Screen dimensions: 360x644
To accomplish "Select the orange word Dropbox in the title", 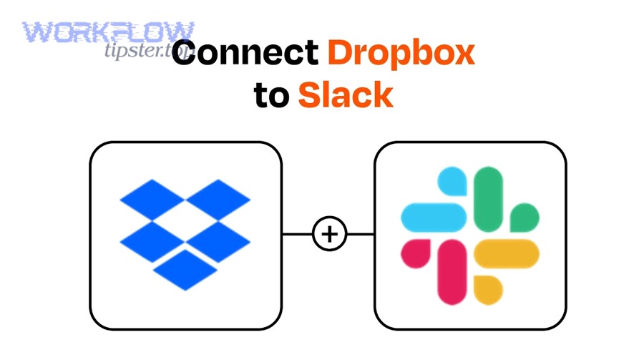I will (401, 54).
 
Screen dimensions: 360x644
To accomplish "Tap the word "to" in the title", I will (270, 96).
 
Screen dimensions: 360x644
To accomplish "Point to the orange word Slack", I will (345, 95).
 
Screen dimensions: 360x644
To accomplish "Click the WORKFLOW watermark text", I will (108, 31).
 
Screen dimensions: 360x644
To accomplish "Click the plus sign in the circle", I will (328, 234).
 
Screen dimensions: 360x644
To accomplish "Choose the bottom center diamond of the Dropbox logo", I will (185, 268).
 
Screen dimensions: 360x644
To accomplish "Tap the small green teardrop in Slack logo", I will (525, 216).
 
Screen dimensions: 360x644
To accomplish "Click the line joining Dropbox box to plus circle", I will (297, 234).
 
